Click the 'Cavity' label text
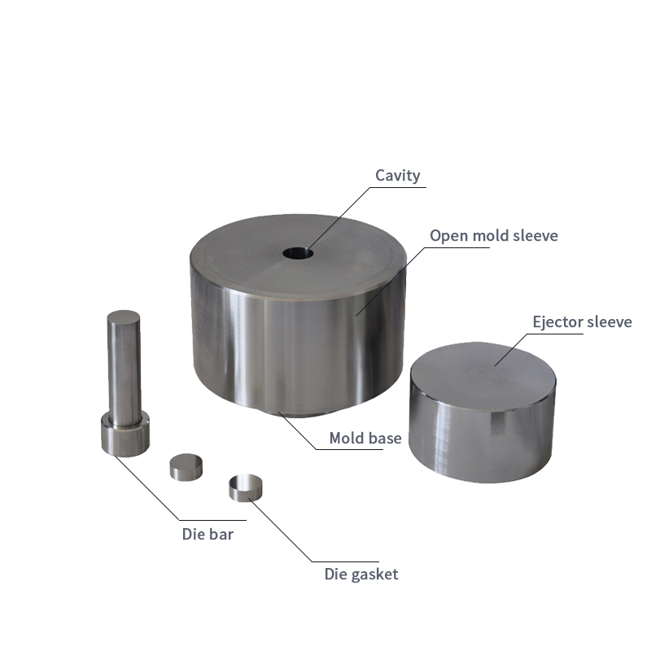(397, 176)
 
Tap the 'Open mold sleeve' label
(494, 236)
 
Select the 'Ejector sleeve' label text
(582, 321)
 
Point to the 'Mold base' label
(365, 438)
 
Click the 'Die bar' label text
(208, 534)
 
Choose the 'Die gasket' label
(361, 575)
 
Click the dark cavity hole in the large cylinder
(298, 253)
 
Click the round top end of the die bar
(124, 317)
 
